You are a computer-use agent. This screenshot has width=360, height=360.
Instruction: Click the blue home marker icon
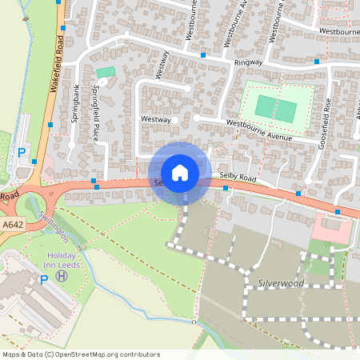(179, 172)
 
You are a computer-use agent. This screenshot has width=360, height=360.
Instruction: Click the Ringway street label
(248, 62)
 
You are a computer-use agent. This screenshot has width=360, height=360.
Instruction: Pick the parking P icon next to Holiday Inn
(44, 279)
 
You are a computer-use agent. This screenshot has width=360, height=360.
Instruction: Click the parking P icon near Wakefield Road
(22, 151)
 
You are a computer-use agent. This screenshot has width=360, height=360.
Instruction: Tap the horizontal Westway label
(156, 119)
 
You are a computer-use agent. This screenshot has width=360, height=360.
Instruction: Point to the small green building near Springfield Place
(105, 73)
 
